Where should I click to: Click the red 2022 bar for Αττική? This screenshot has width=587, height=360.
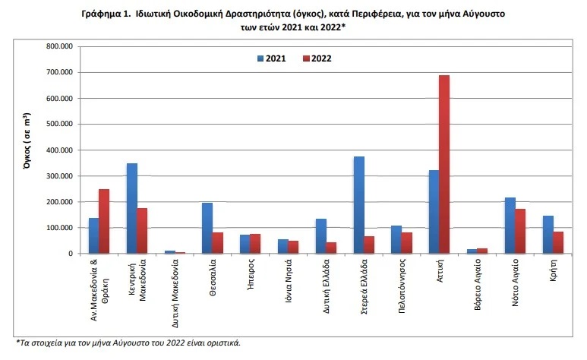tap(444, 164)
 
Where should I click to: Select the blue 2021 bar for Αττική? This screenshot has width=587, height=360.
tap(434, 212)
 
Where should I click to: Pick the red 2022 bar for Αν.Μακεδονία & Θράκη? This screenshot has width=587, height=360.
tap(104, 221)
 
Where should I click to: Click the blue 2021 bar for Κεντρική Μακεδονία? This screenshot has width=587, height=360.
tap(132, 208)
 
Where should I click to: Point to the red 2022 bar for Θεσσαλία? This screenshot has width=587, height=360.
tap(218, 243)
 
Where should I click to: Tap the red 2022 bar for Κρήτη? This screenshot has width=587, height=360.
tap(558, 242)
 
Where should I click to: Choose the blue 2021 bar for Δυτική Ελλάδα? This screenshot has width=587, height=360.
tap(321, 236)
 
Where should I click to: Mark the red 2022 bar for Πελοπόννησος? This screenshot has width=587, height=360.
tap(407, 243)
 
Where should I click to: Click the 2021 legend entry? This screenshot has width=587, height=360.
tap(271, 58)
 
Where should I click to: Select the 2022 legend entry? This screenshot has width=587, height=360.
tap(317, 58)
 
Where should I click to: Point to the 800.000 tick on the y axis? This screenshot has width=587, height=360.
tap(58, 46)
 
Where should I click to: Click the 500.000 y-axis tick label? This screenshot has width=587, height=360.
tap(58, 124)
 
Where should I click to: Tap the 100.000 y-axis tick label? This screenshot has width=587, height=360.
tap(58, 228)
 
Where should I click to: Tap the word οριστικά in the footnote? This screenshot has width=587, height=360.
tap(222, 343)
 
